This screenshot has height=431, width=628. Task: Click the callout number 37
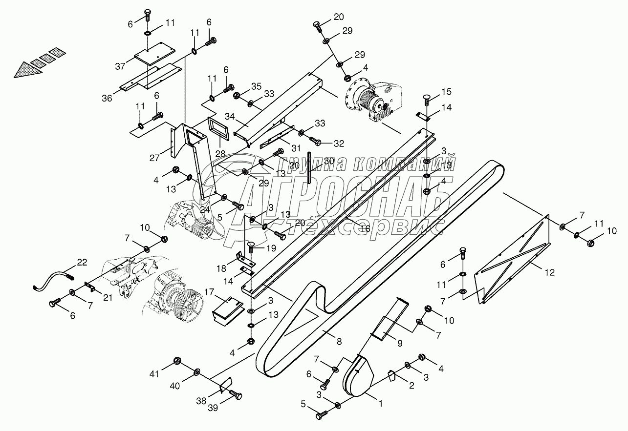click(x=119, y=66)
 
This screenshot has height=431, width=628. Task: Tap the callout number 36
click(x=107, y=98)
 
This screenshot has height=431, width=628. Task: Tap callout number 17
click(x=209, y=293)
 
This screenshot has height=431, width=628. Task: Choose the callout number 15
click(x=447, y=92)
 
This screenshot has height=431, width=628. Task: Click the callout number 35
click(x=256, y=86)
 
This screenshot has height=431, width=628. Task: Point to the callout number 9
click(x=399, y=343)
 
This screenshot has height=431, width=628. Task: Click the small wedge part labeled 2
click(x=391, y=376)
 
